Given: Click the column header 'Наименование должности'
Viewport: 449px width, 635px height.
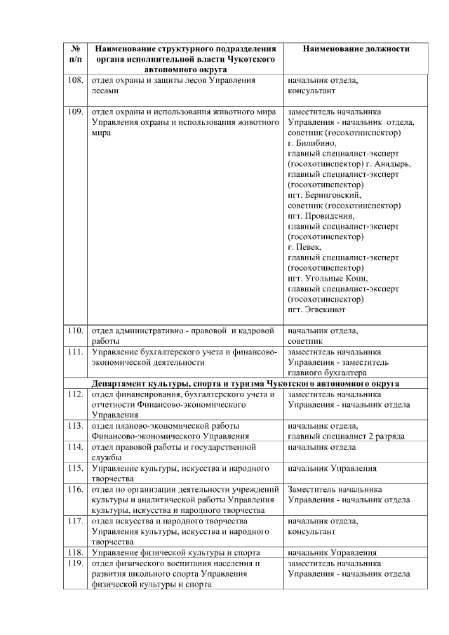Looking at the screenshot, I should click(x=356, y=49).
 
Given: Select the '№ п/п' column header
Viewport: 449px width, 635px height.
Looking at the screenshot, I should click(x=75, y=55).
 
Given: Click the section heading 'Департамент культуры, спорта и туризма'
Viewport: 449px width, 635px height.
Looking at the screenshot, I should click(x=246, y=384).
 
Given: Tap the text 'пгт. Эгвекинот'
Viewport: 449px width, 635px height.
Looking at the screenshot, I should click(x=316, y=309).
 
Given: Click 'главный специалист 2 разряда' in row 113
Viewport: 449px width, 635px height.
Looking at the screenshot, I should click(x=346, y=436).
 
